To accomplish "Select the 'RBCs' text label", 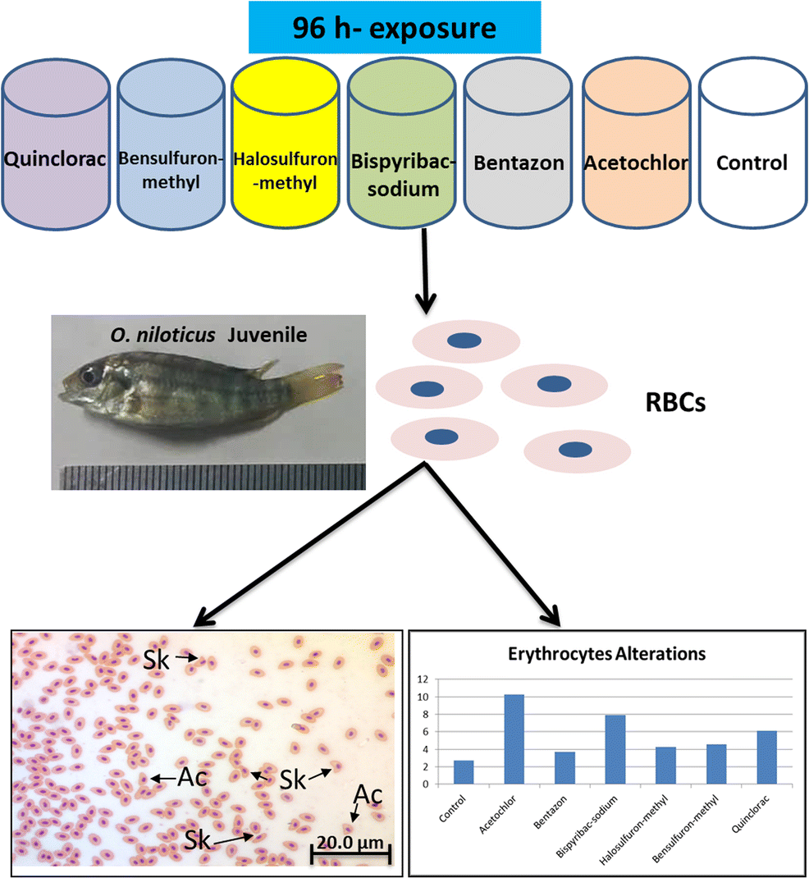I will [x=675, y=403].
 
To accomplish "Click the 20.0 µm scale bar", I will [x=350, y=853].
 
